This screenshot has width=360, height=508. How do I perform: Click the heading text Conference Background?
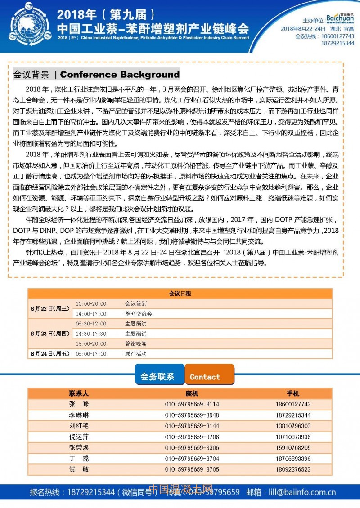coord(120,75)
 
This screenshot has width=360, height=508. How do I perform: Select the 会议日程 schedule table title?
coord(180,294)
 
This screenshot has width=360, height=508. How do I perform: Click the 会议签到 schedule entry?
coord(136,304)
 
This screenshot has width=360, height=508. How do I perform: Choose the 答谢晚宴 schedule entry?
coord(136,344)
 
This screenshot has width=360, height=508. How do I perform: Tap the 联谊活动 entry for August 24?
coord(136,354)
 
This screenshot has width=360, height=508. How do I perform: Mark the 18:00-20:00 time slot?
coord(91,344)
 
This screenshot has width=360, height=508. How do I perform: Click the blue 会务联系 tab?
coord(157,377)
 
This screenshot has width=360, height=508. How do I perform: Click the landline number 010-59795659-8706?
coord(192,437)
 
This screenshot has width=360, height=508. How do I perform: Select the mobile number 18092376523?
coord(293,469)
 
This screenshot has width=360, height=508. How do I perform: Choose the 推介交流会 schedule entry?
coord(139,314)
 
